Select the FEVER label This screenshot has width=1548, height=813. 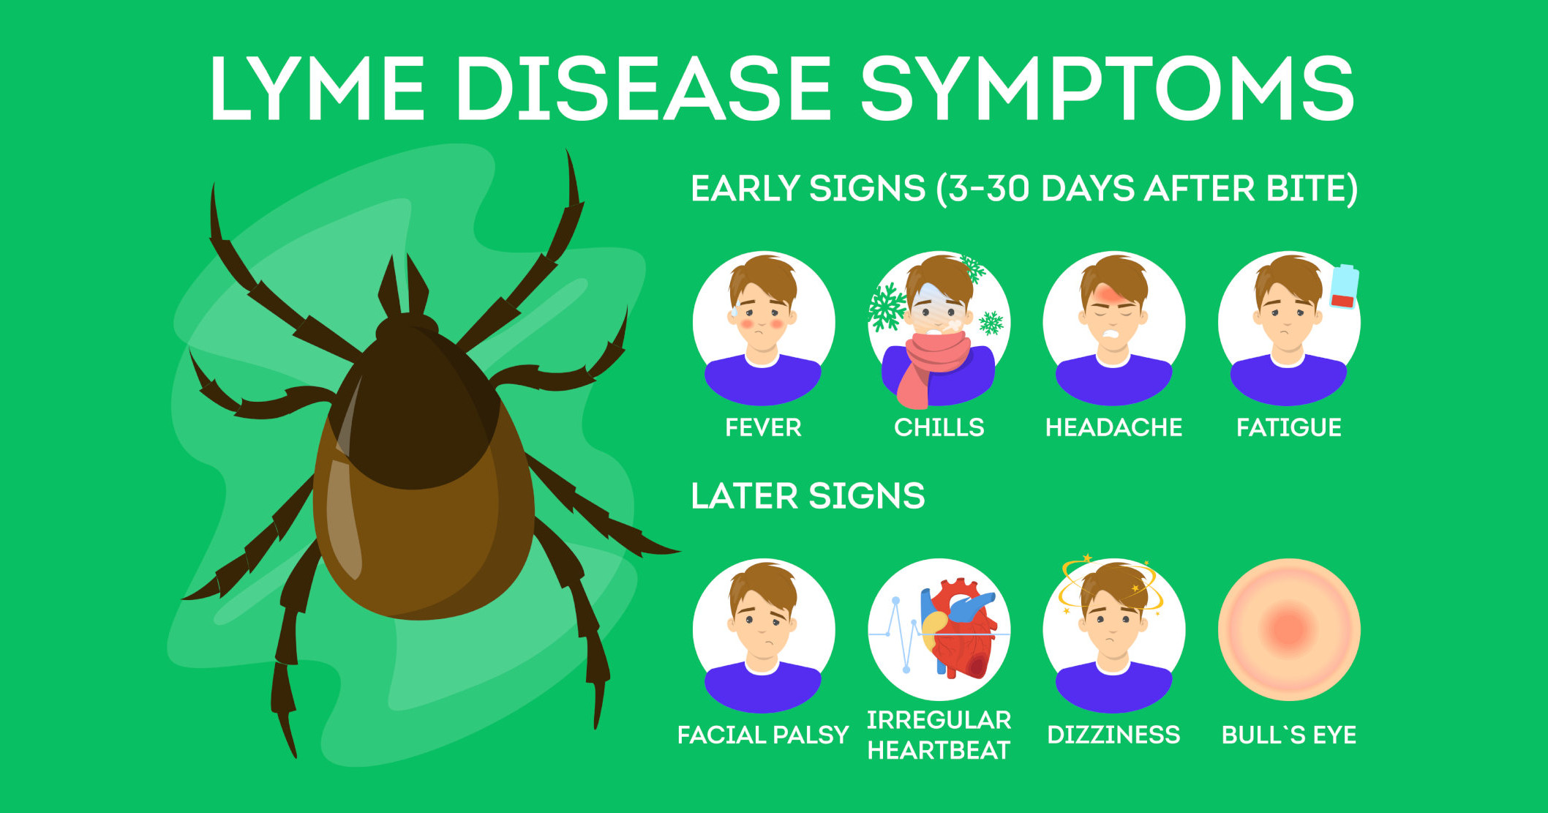(763, 427)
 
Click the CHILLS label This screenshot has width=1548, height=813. (939, 427)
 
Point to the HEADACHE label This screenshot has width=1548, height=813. (1113, 427)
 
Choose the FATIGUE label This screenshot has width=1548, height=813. (1289, 427)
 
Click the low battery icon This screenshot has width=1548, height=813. (1345, 287)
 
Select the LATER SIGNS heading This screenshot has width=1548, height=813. (808, 496)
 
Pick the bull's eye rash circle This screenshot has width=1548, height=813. (1289, 630)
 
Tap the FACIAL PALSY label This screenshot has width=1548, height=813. (763, 735)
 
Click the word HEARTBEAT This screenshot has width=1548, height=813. (939, 750)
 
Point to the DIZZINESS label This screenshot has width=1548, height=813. (1113, 735)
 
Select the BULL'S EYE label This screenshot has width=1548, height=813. (1289, 735)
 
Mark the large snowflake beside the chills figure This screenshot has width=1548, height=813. (887, 307)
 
